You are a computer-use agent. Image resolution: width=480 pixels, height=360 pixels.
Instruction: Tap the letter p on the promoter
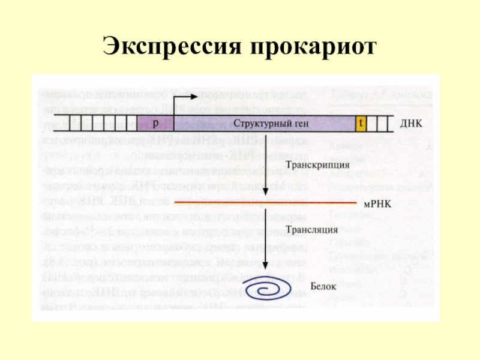click(155, 123)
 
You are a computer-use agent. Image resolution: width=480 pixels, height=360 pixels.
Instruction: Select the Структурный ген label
click(263, 124)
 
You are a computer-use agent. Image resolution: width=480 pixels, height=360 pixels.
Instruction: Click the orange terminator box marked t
click(361, 123)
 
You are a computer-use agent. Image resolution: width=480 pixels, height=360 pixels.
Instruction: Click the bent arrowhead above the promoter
click(193, 96)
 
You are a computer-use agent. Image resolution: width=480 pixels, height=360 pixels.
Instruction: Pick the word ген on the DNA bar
click(287, 124)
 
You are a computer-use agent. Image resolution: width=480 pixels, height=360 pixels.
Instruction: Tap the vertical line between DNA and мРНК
click(265, 162)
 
